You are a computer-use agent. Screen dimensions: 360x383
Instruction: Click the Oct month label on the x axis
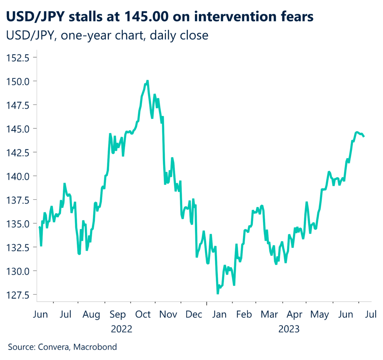[x=143, y=314]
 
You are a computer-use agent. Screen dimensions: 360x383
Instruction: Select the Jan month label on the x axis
[x=220, y=314]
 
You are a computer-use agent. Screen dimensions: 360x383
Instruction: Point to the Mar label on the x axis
[x=269, y=314]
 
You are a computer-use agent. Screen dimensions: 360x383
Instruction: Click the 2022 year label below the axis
[x=122, y=329]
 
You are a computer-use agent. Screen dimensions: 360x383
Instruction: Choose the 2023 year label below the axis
[x=289, y=329]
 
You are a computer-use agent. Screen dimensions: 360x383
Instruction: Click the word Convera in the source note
[x=53, y=347]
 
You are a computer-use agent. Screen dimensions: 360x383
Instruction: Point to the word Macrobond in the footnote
[x=95, y=347]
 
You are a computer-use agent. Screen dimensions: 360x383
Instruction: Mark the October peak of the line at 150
[x=148, y=81]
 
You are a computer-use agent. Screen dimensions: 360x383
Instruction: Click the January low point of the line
[x=218, y=293]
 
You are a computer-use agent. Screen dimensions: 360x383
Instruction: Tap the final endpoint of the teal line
[x=364, y=136]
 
